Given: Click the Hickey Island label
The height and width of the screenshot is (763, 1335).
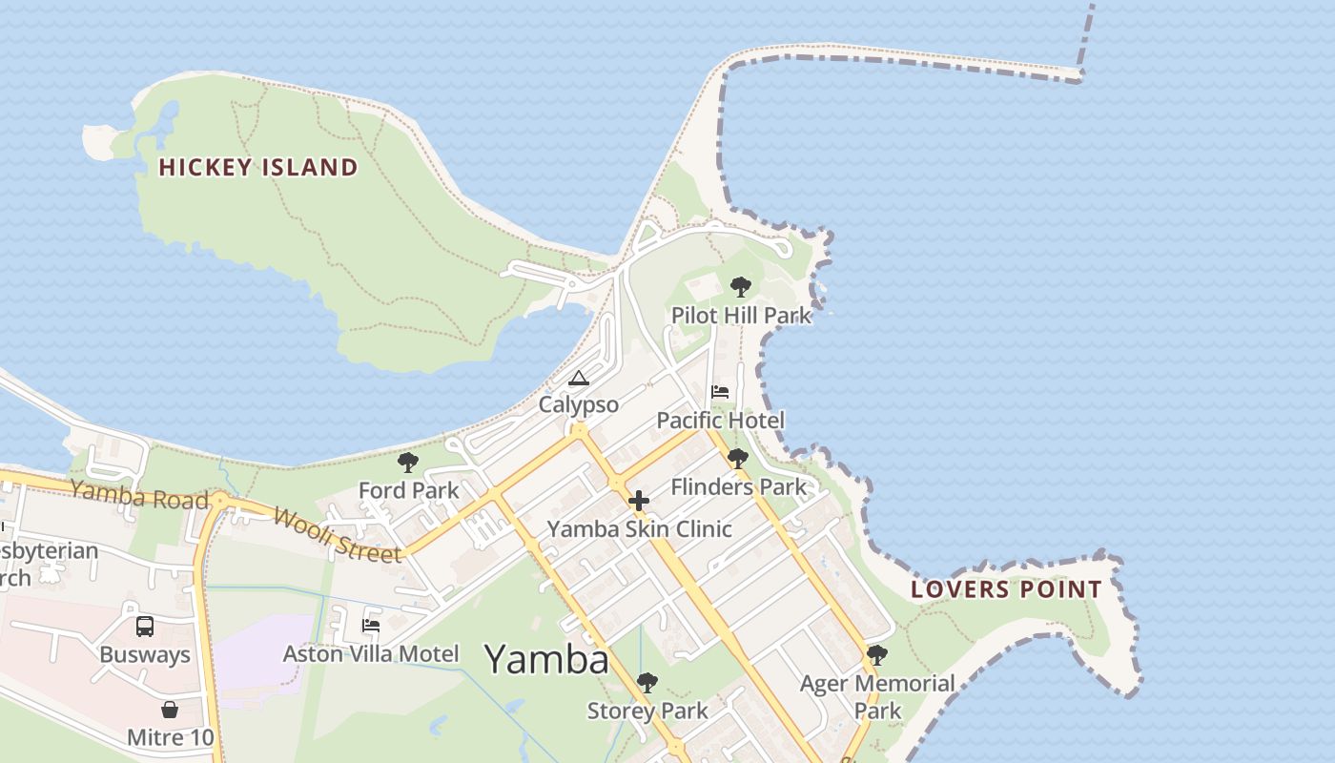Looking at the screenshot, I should pos(258,168).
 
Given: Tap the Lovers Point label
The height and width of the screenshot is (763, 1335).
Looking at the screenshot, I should pos(1006,589).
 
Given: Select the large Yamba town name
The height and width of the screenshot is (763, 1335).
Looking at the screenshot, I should pos(546,659).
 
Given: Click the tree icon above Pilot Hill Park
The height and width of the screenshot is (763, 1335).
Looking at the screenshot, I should pos(740,286).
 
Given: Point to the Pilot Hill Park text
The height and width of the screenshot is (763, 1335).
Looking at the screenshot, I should pos(741,316).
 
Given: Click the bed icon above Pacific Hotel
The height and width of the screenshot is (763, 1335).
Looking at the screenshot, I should pos(720,392).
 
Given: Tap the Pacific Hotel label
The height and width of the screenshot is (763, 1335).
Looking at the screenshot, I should pos(721,421).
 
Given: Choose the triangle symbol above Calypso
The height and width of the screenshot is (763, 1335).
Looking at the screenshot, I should pos(578,379).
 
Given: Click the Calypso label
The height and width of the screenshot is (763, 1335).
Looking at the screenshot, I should pos(579,404).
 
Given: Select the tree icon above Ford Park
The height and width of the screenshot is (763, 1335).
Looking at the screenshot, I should pos(408,464).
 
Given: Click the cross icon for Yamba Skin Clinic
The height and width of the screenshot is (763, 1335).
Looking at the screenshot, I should pos(639,501).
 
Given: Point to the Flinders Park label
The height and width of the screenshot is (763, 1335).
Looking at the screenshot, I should pos(738,487).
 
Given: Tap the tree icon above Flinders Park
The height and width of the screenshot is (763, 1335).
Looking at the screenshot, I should pos(737,459).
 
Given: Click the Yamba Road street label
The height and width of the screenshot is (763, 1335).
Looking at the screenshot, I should pos(139,494).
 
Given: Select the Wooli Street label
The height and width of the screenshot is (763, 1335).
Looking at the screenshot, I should pos(337,535).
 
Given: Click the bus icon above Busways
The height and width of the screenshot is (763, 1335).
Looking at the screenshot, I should pos(145,627).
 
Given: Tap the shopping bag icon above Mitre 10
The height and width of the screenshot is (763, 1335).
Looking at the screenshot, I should pos(170,710).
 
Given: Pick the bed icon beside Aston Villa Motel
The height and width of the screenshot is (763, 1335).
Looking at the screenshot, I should pos(371,626).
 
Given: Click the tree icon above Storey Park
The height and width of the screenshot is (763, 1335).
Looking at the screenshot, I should pos(647,683).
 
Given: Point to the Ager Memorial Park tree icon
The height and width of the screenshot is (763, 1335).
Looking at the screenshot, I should pos(876,656).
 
